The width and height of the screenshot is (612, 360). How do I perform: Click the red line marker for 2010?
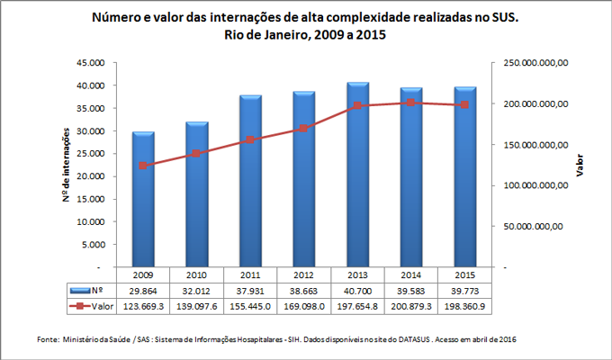click(x=197, y=154)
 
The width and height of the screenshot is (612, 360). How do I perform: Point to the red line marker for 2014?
click(x=411, y=103)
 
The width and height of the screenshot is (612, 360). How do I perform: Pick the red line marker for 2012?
click(x=304, y=129)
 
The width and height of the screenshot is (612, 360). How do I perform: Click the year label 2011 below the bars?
click(x=250, y=274)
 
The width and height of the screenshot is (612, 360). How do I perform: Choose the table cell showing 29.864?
click(x=143, y=292)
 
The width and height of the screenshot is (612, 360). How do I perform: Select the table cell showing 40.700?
click(x=357, y=292)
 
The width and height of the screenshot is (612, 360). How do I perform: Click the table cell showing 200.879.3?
click(x=411, y=307)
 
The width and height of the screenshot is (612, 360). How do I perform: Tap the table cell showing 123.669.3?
click(x=143, y=307)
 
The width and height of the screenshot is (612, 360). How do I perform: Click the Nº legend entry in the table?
click(x=90, y=292)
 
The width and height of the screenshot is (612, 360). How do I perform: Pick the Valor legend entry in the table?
click(x=90, y=307)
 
